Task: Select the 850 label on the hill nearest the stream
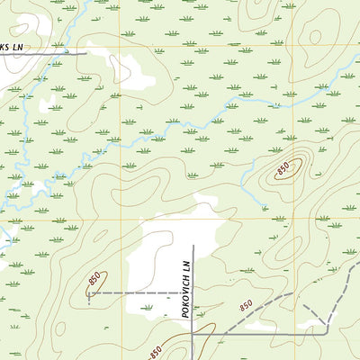[x=283, y=167]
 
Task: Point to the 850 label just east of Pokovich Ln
[x=246, y=308]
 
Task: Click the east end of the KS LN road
[x=86, y=53]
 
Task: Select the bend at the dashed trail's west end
[x=89, y=293]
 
